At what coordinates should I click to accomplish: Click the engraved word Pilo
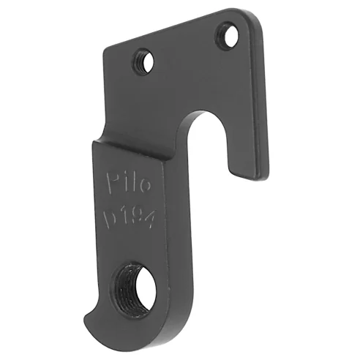pyautogui.click(x=129, y=182)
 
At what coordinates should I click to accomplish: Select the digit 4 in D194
pyautogui.click(x=152, y=220)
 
